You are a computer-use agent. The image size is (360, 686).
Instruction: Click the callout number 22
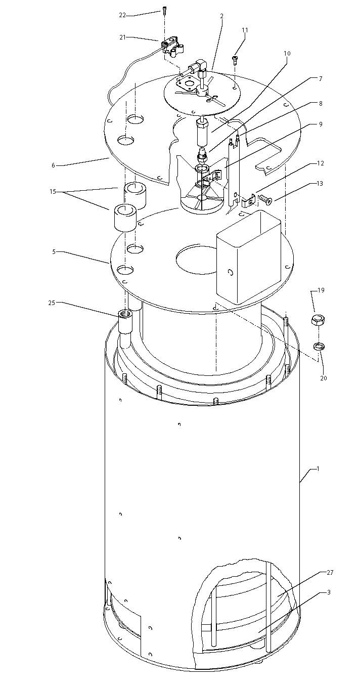122,15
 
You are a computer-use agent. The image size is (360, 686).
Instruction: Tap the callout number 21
123,37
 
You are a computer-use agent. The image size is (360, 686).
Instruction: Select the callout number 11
245,30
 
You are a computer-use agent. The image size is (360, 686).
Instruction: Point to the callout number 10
287,53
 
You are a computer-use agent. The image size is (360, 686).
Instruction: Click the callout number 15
53,191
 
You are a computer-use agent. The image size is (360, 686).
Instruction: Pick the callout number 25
52,303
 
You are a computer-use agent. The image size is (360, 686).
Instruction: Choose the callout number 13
320,184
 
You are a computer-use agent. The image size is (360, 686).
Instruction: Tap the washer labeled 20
319,347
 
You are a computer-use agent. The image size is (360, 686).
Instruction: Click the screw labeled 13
265,200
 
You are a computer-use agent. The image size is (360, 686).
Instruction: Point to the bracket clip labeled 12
249,200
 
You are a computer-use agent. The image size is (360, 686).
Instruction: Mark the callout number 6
53,165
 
